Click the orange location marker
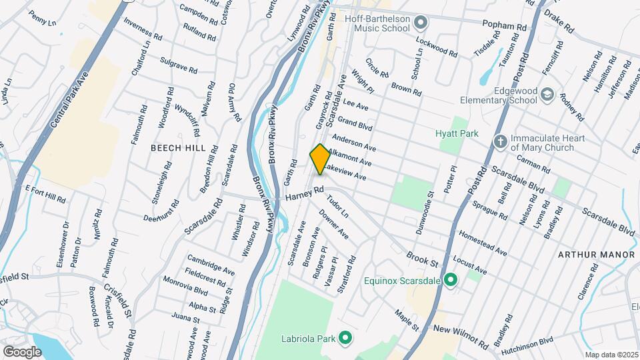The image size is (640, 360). pyautogui.click(x=319, y=159)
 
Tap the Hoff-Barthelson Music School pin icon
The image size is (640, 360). pyautogui.click(x=420, y=24)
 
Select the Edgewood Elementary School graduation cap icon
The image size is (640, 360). pyautogui.click(x=547, y=95)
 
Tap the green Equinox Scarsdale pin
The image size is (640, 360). pyautogui.click(x=450, y=281)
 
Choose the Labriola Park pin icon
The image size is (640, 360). pyautogui.click(x=345, y=339)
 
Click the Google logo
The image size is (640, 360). pyautogui.click(x=22, y=351)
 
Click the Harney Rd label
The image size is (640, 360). pyautogui.click(x=305, y=194)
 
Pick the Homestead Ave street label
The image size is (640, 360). pyautogui.click(x=483, y=243)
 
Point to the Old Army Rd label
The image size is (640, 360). pyautogui.click(x=233, y=103)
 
